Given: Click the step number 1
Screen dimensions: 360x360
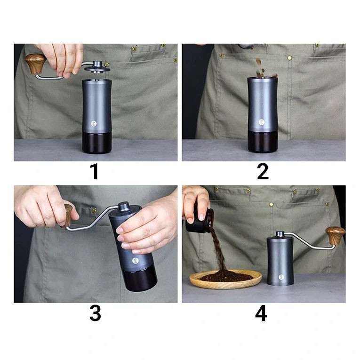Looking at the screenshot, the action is tap(95, 171).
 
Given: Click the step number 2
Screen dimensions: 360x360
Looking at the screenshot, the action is tap(263, 171).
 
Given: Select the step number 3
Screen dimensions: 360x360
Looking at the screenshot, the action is tap(95, 313).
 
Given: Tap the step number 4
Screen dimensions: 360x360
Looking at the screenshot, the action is tap(261, 313).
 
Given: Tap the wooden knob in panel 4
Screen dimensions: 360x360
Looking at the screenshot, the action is tap(335, 235).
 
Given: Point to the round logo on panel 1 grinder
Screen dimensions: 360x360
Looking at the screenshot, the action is tap(94, 123).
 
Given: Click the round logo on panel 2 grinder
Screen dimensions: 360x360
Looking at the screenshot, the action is tap(262, 122).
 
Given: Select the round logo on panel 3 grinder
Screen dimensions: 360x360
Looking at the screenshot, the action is tap(135, 261).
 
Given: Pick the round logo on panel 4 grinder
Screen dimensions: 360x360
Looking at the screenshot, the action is tap(281, 277).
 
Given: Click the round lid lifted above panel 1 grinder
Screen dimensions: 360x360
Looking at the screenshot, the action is tap(97, 67).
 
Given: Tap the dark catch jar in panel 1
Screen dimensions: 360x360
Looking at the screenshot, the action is tap(97, 142).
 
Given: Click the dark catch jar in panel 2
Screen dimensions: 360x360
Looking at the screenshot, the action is tap(263, 142).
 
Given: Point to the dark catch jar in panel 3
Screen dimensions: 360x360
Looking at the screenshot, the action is tap(140, 280).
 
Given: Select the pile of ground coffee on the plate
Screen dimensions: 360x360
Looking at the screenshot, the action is tap(226, 276).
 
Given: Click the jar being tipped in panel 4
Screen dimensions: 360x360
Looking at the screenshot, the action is tap(199, 220).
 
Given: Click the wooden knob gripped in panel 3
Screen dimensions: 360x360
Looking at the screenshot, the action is tap(68, 216).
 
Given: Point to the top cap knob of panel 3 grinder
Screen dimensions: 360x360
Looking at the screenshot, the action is tap(124, 206).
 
